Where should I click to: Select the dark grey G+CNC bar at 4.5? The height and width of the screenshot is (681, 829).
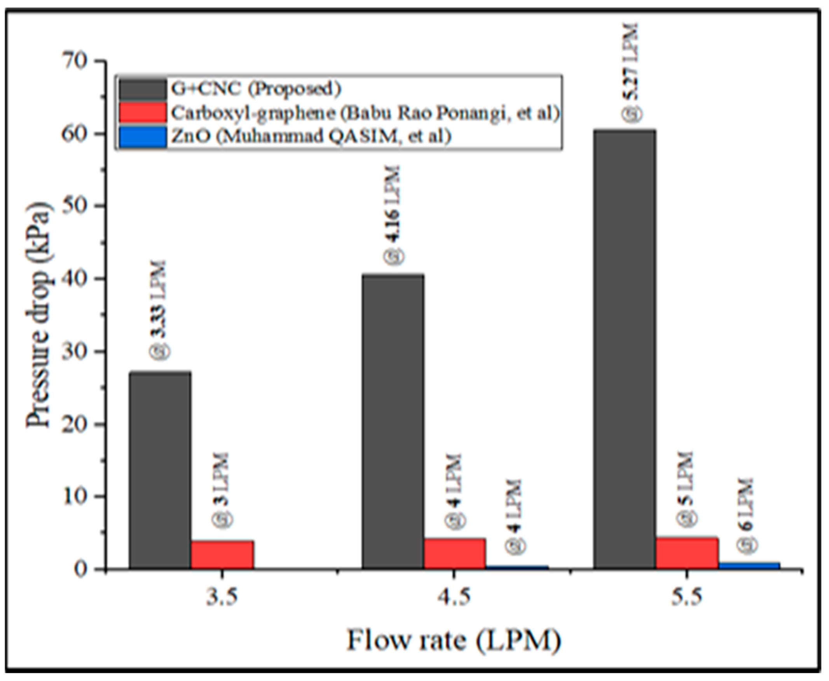(393, 421)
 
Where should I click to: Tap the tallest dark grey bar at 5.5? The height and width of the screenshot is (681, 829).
(624, 349)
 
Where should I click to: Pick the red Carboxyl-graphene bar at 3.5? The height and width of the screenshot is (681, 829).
(222, 555)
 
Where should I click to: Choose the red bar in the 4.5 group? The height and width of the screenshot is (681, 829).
(454, 554)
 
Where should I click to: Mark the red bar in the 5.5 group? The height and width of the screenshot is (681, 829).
(687, 553)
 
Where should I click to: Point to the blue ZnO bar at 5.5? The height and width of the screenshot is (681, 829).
(749, 565)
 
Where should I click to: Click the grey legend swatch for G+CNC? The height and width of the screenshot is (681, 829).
(143, 90)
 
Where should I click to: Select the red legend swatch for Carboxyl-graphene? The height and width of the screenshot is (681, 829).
(143, 113)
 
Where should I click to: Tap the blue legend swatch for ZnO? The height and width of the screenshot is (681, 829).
(143, 136)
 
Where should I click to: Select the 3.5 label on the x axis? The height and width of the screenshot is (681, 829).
(222, 599)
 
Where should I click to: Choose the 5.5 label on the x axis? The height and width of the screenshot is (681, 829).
(686, 599)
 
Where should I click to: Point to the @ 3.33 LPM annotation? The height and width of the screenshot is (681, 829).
(159, 309)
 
